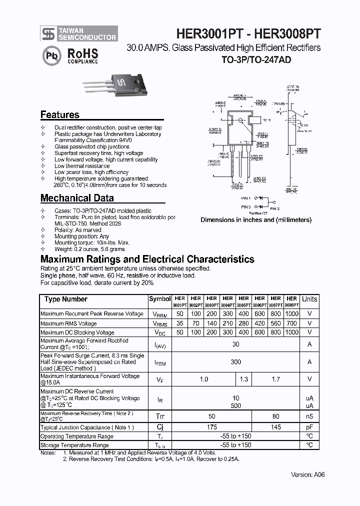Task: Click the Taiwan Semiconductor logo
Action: point(79,33)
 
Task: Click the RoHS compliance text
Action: point(82,55)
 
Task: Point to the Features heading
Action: point(59,114)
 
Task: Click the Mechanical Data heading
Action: point(77,198)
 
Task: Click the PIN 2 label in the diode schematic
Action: point(274,208)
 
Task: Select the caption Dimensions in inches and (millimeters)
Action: point(256,220)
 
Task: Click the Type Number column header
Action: point(66,299)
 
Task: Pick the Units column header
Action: point(309,299)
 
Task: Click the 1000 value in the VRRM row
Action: point(291,314)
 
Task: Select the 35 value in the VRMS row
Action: point(179,323)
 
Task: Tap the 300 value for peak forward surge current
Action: point(235,362)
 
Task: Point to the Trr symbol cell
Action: point(159,416)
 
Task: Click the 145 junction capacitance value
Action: point(275,427)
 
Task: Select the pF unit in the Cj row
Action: point(309,427)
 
